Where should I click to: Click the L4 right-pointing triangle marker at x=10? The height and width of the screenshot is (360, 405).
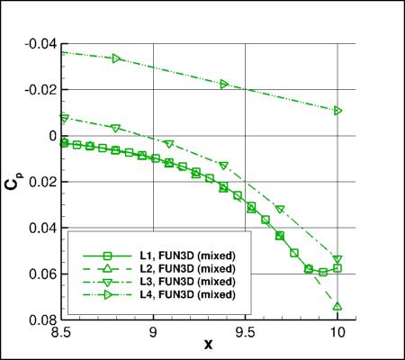click(337, 111)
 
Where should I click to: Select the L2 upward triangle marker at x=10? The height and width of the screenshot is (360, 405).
click(337, 306)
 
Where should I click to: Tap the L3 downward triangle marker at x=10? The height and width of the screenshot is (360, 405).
click(337, 260)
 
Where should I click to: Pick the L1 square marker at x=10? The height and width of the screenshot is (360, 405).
click(337, 268)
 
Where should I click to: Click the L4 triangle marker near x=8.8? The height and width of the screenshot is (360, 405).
click(116, 58)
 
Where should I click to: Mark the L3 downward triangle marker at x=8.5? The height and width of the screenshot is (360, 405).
click(64, 118)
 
